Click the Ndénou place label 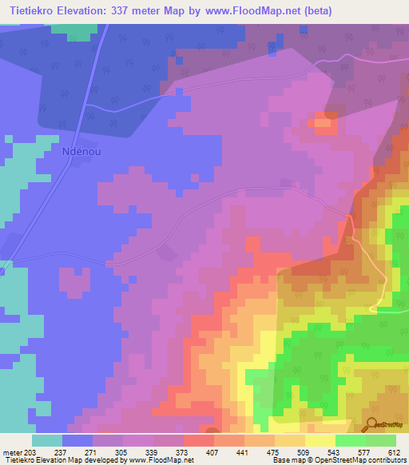(x=84, y=151)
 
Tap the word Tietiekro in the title (x=31, y=10)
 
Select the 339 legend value (x=161, y=451)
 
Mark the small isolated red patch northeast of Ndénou (x=324, y=121)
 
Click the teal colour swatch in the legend (x=47, y=440)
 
